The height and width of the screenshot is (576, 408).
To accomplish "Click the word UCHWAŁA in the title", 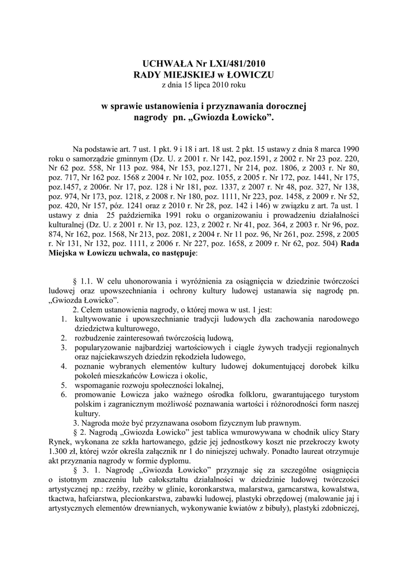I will [x=160, y=64].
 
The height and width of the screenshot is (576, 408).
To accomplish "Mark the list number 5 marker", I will [x=64, y=385].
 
